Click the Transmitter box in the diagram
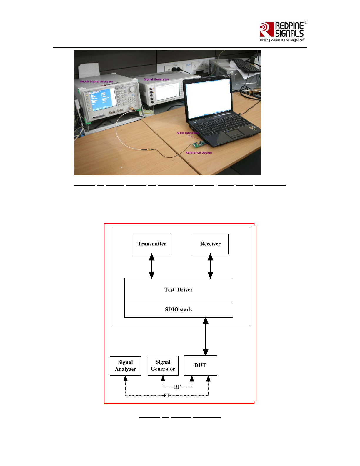coord(152,244)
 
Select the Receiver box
coord(210,244)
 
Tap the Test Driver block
coord(179,290)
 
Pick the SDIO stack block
coord(179,309)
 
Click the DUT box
coord(200,365)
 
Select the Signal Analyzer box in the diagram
coord(126,366)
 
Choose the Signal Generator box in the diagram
coord(163,365)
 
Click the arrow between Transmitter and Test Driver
coord(152,266)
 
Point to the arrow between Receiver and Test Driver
coord(210,266)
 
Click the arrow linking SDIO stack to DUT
coord(206,336)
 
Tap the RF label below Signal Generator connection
coord(177,387)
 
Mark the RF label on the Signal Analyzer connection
coord(167,395)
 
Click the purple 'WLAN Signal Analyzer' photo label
coord(96,81)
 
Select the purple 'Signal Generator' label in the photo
coord(156,79)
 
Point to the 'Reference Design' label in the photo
coord(199,153)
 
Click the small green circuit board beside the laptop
coord(199,144)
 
